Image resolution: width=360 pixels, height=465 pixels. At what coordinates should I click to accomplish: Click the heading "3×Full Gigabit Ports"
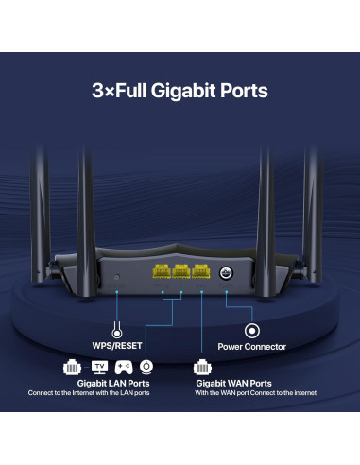[x=180, y=91]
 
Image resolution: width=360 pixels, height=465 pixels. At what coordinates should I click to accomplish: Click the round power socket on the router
[x=226, y=273]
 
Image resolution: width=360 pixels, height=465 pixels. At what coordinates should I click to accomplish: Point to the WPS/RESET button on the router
[x=115, y=275]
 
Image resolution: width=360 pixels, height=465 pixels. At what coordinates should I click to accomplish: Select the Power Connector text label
[x=251, y=347]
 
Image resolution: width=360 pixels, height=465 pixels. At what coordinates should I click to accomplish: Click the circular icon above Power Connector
[x=252, y=331]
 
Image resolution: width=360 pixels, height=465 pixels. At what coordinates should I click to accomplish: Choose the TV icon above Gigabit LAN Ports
[x=99, y=366]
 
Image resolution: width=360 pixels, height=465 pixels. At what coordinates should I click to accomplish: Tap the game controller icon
[x=123, y=366]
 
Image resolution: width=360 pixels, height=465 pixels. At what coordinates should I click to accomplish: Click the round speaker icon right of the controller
[x=146, y=366]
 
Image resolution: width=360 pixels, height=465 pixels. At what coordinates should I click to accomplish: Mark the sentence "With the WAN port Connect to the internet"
[x=256, y=393]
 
